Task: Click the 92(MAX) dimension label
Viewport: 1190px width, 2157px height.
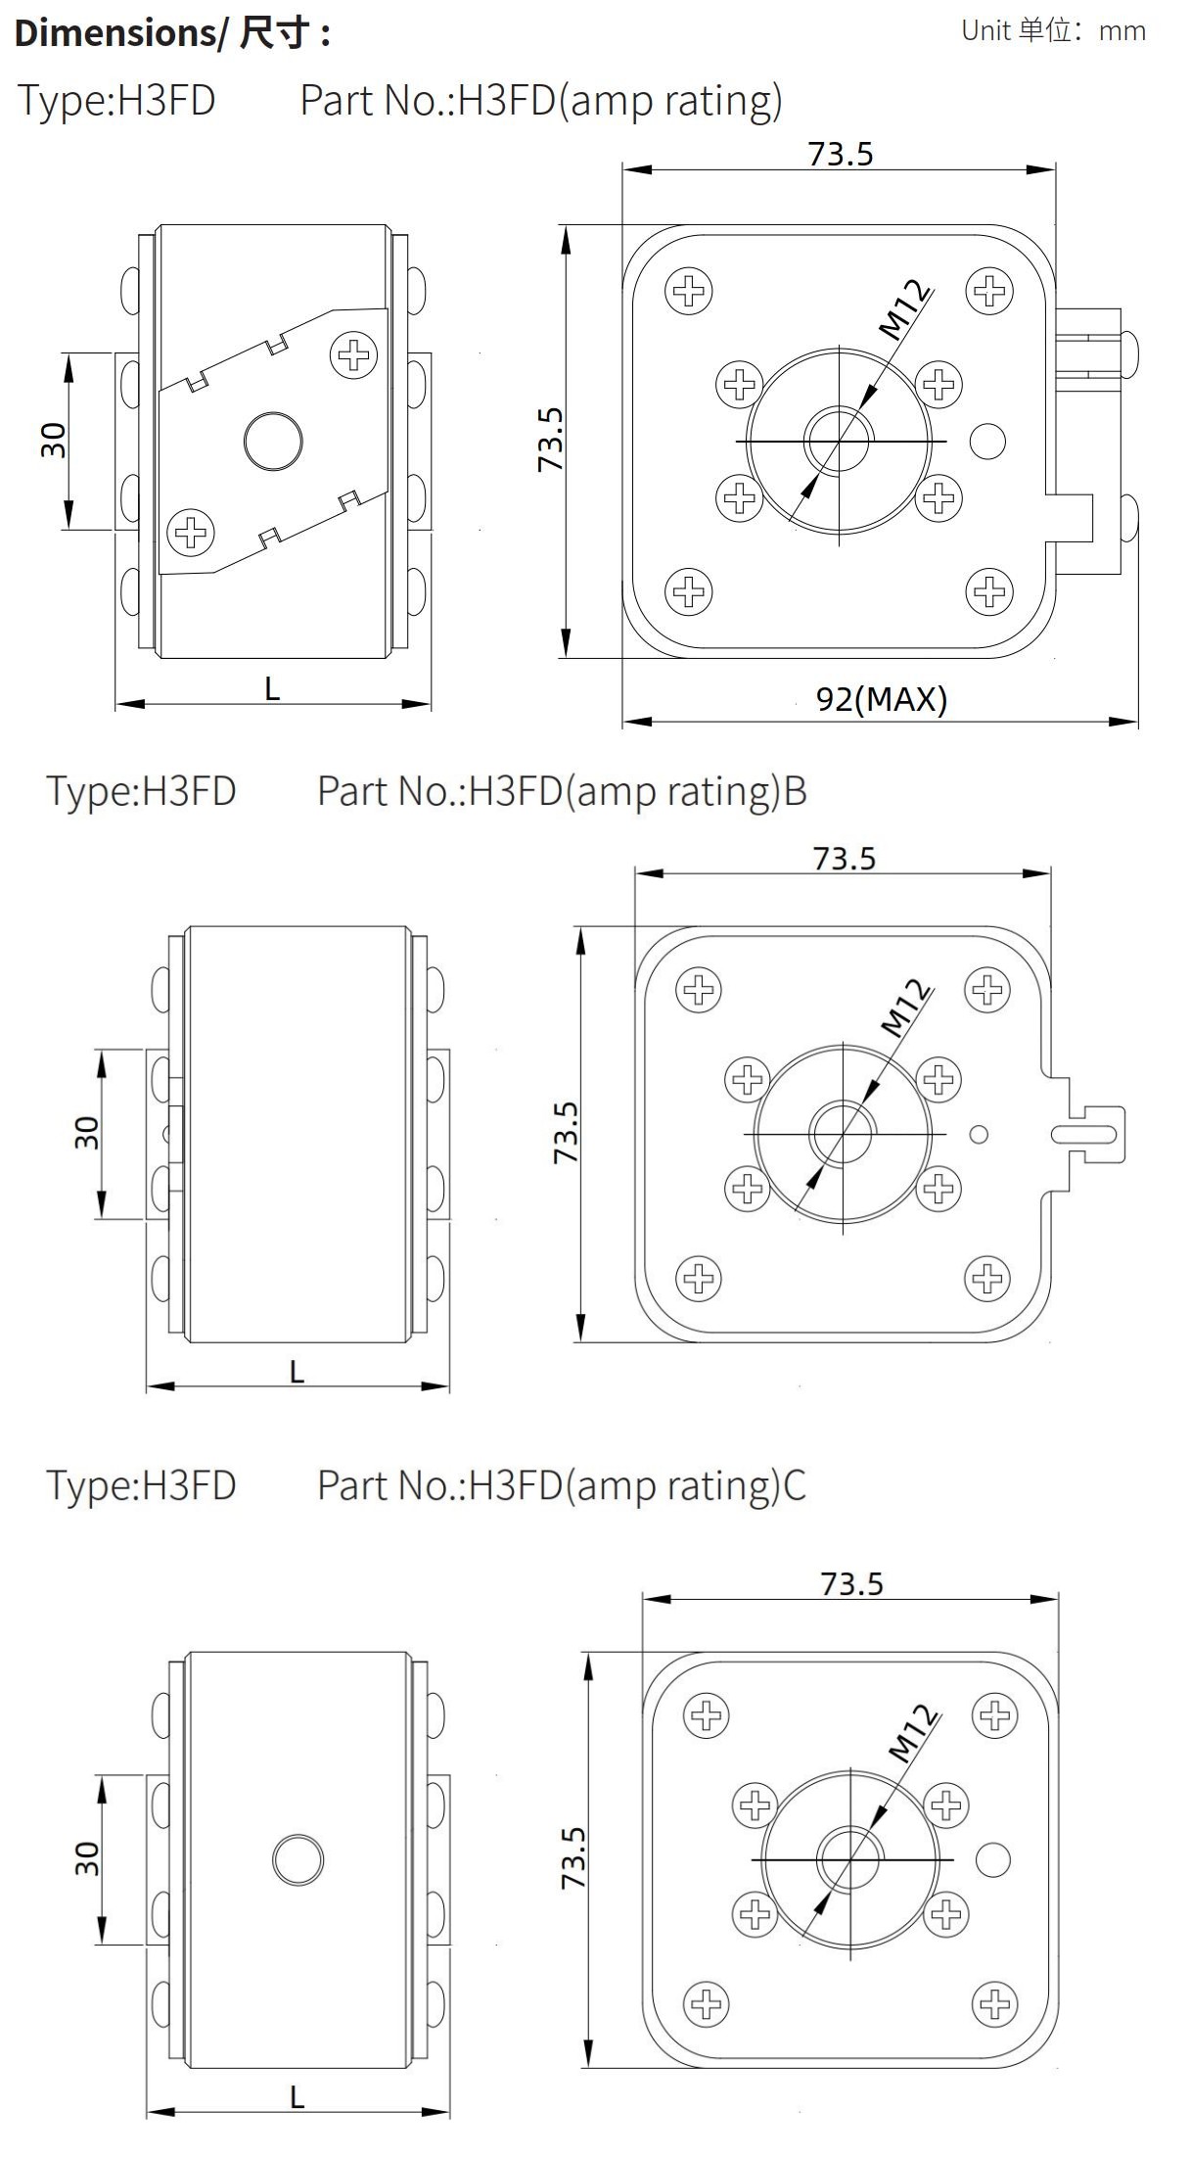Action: click(882, 699)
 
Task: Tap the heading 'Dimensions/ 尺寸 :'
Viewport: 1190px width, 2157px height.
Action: click(172, 33)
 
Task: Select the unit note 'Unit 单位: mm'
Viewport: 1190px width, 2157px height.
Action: click(1053, 30)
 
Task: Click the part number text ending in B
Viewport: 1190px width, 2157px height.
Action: click(562, 791)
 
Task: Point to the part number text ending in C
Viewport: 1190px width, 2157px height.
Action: click(562, 1485)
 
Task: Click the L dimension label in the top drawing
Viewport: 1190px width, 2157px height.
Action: click(272, 688)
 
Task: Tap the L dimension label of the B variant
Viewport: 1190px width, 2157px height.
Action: click(297, 1372)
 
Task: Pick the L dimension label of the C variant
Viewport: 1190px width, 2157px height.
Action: click(297, 2096)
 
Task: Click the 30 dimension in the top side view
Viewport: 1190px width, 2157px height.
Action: click(53, 441)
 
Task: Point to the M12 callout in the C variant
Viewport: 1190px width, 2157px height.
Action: click(913, 1734)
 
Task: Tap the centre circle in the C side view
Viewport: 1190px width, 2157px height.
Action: click(297, 1859)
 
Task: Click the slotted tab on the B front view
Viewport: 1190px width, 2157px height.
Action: click(1087, 1134)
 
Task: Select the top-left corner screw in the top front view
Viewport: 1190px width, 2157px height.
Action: click(689, 291)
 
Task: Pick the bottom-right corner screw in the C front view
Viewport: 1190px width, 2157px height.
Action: click(995, 2003)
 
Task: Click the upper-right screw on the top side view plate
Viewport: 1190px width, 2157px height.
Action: click(354, 353)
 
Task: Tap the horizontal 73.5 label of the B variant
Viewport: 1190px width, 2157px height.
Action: click(845, 859)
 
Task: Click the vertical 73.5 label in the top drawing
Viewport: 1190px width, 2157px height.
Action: click(551, 440)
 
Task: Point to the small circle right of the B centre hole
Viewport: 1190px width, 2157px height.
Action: click(979, 1135)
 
